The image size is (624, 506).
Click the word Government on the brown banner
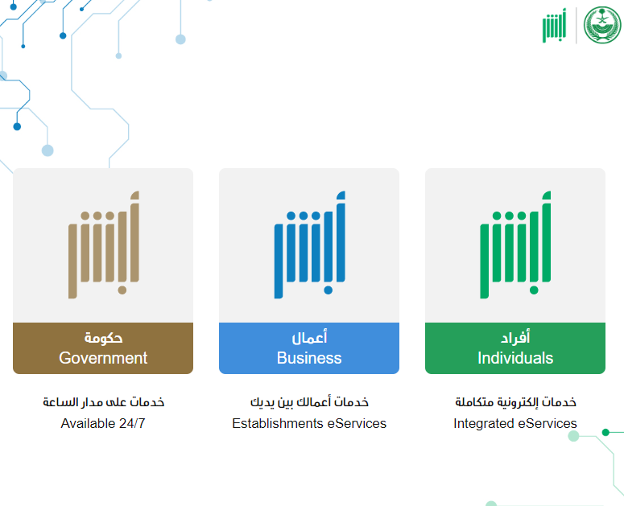(103, 358)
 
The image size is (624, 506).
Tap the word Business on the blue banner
(309, 358)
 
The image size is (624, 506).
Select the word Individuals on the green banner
(515, 358)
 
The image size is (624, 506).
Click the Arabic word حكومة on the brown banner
(103, 338)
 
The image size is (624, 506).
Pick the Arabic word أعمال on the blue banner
(309, 337)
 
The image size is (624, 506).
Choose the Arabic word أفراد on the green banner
(515, 337)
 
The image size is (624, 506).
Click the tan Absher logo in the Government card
(104, 245)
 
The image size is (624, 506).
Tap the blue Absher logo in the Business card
(310, 245)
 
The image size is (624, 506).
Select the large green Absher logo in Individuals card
(516, 245)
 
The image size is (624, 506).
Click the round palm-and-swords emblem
(602, 25)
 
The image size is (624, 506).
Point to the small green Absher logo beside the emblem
(555, 26)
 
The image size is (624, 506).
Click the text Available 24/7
(103, 423)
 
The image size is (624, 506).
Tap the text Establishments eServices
(309, 423)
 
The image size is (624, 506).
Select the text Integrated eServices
(515, 423)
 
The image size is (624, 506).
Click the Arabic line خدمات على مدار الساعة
(104, 402)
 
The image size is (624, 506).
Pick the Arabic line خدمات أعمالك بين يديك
(309, 402)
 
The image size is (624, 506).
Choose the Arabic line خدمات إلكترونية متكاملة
(516, 402)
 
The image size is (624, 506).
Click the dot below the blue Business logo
(329, 290)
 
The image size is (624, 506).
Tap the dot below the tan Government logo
(122, 290)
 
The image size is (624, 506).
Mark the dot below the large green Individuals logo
(534, 290)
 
